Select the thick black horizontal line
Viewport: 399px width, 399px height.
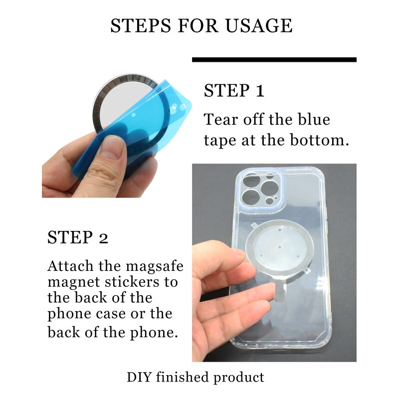pos(274,60)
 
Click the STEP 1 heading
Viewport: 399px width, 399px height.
pos(234,91)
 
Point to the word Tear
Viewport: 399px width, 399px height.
pos(221,120)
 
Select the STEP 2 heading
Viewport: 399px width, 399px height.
pos(77,238)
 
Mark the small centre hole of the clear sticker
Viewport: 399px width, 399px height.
pos(280,246)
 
